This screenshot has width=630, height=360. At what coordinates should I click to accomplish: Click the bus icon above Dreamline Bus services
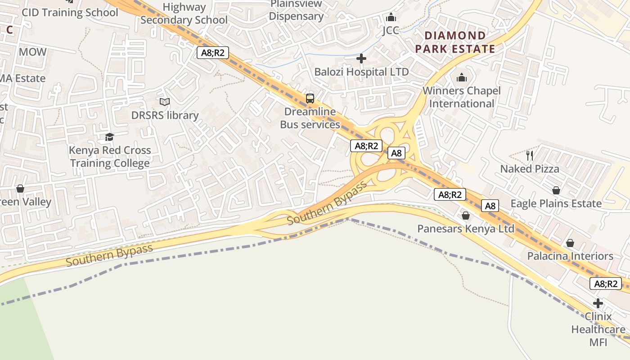pos(310,98)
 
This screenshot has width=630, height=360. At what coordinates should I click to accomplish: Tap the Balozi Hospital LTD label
pos(361,72)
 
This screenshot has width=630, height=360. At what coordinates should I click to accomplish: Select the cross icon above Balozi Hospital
pos(361,58)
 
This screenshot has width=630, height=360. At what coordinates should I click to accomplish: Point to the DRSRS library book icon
pos(165,102)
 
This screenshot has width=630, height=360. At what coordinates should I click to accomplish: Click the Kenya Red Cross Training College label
pos(110,157)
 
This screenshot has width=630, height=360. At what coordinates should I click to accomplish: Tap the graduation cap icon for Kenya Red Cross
pos(109,137)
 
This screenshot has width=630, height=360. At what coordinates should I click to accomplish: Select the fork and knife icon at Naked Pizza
pos(530,156)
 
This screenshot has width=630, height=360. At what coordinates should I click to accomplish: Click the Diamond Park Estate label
pos(455,42)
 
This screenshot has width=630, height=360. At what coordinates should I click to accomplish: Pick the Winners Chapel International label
pos(462,97)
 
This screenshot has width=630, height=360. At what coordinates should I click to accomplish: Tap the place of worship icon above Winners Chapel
pos(462,78)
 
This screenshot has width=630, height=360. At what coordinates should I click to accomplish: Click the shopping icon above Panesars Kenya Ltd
pos(466,216)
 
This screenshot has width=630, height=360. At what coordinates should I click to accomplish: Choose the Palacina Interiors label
pos(570,256)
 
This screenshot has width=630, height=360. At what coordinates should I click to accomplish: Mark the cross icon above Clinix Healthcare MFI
pos(598,303)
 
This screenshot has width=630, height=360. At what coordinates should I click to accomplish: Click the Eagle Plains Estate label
pos(556,203)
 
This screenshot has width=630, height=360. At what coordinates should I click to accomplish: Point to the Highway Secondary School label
pos(184,13)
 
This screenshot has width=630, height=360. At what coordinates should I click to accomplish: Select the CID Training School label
pos(70,13)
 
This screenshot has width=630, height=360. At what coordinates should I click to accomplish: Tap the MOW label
pos(32,52)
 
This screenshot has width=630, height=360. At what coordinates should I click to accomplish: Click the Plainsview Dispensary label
pos(297,10)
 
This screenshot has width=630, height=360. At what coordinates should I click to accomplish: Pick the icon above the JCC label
pos(391,17)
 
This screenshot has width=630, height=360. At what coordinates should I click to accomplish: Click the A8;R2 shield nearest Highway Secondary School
pos(213,53)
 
